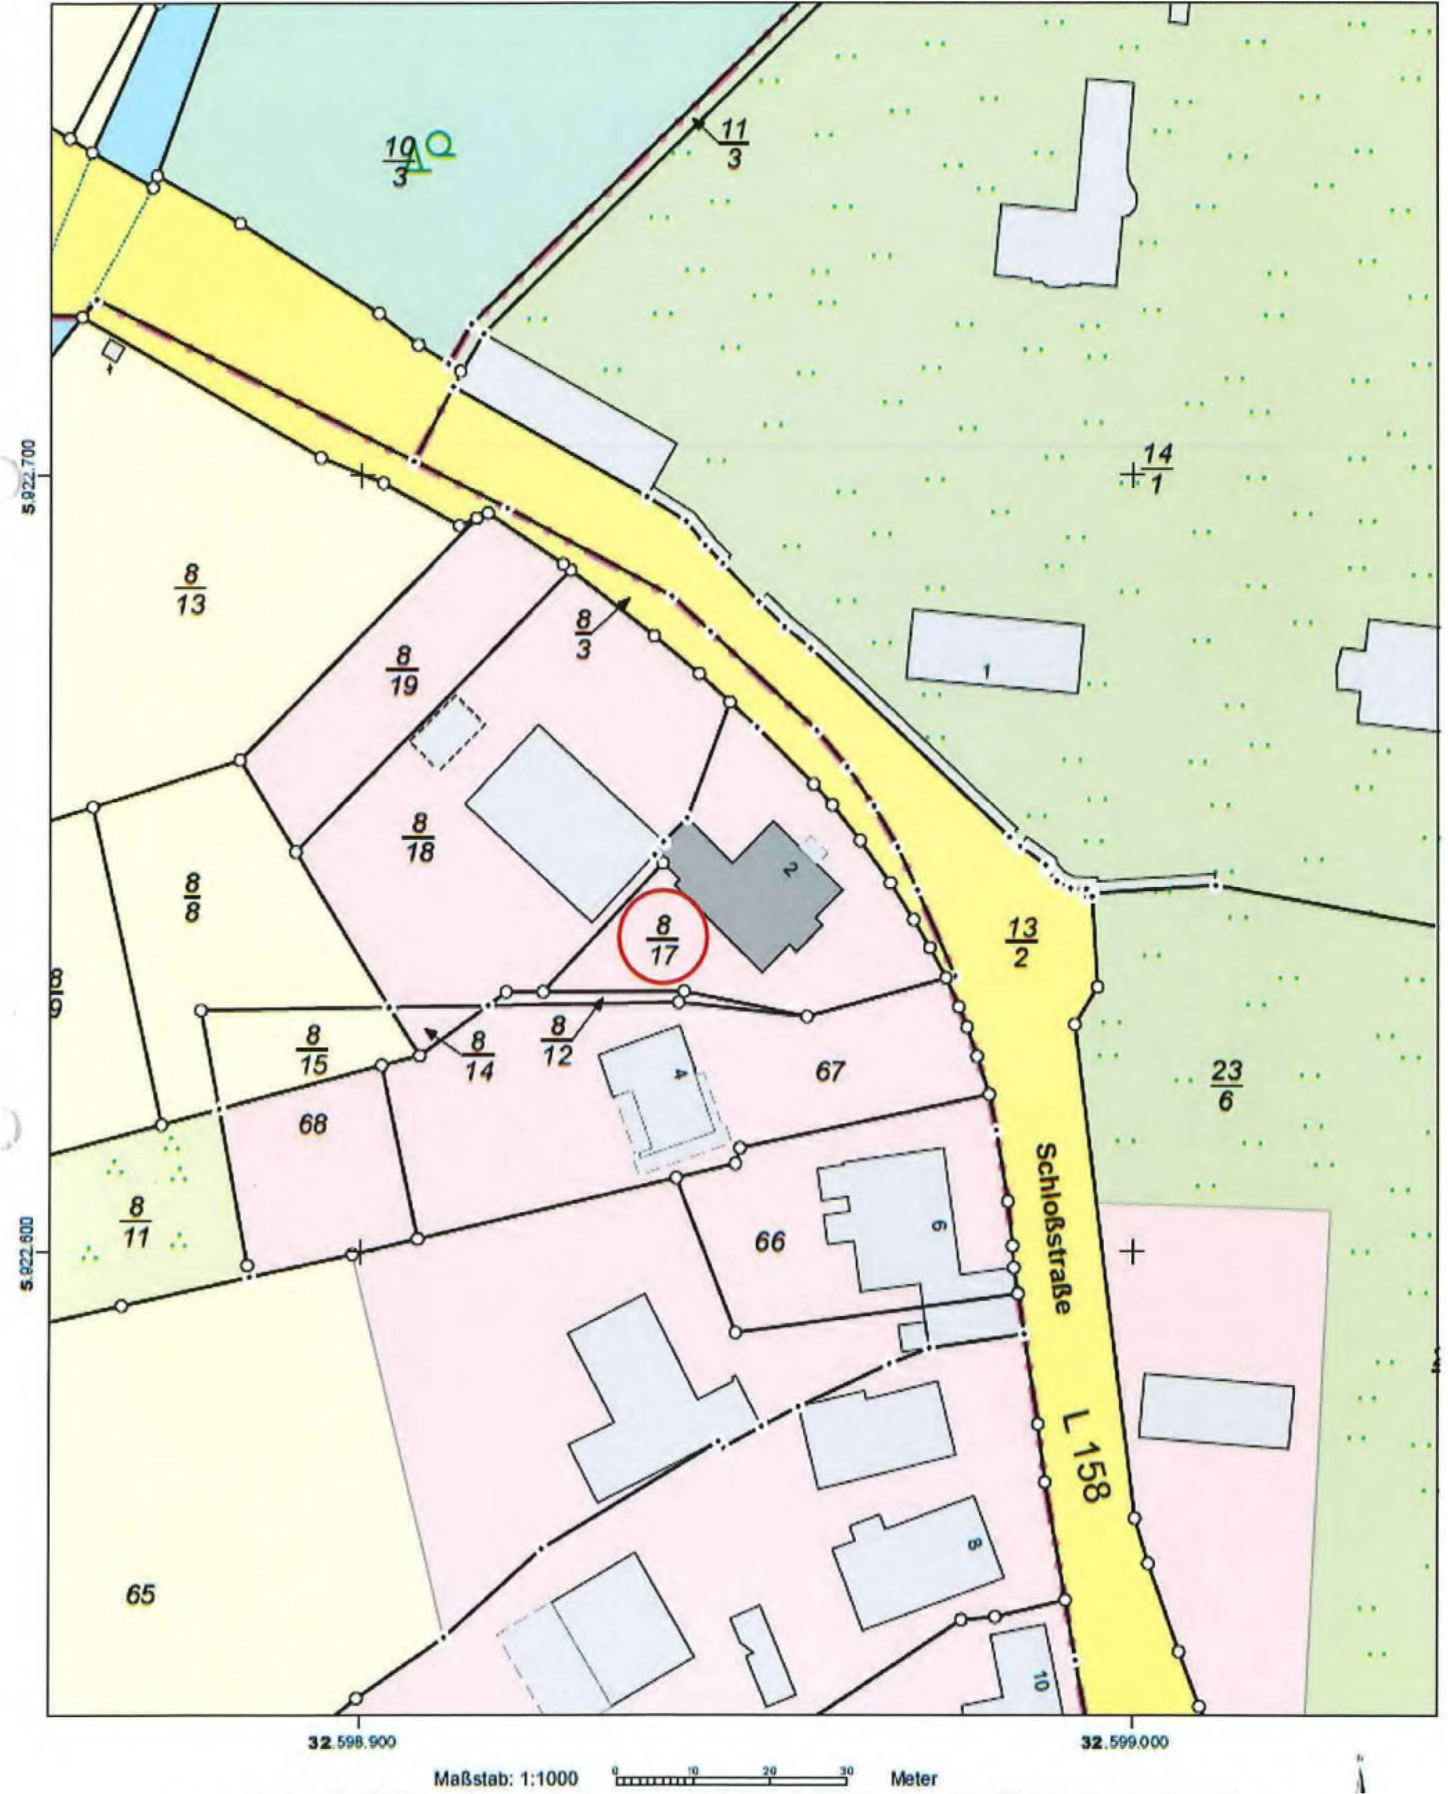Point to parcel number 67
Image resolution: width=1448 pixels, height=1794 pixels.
point(830,1071)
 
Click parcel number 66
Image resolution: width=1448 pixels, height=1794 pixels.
point(770,1241)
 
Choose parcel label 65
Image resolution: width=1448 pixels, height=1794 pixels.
point(140,1594)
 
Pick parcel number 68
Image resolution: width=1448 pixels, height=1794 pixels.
point(313,1124)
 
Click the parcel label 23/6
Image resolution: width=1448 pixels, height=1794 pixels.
point(1226,1084)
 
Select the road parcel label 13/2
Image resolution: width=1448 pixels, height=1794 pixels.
point(1021,942)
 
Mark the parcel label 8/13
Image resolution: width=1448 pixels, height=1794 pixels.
point(191,589)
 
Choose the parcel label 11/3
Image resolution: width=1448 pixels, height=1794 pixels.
point(733,143)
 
